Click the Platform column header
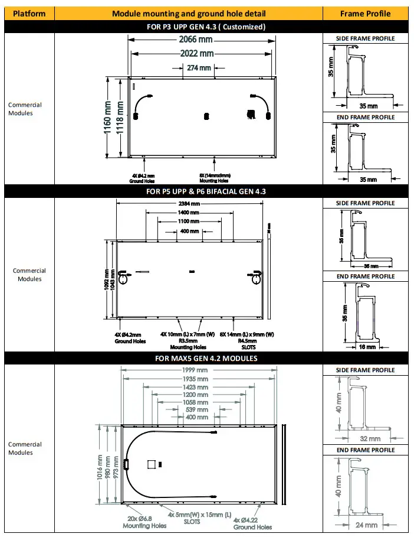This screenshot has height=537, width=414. coord(29,13)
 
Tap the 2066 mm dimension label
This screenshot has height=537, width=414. coord(196,40)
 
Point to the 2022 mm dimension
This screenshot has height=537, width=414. coord(196,54)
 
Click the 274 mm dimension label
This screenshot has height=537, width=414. coord(199,68)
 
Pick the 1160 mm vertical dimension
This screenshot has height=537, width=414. coord(109,118)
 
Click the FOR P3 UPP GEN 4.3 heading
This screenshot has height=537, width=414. coord(206,27)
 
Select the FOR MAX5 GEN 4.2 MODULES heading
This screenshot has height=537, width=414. coord(206,358)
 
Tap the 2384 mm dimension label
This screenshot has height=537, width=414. coord(189,204)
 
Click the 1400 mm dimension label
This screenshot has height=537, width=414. coord(189,212)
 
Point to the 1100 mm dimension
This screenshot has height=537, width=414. coord(189,221)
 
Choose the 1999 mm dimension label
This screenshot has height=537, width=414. coord(195,370)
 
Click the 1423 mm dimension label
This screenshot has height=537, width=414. coord(195,388)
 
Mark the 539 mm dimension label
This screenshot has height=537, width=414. coord(196,409)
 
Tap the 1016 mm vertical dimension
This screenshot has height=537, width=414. coord(100,467)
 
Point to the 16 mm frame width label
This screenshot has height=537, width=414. coord(367,347)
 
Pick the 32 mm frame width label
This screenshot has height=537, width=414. coord(370,439)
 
